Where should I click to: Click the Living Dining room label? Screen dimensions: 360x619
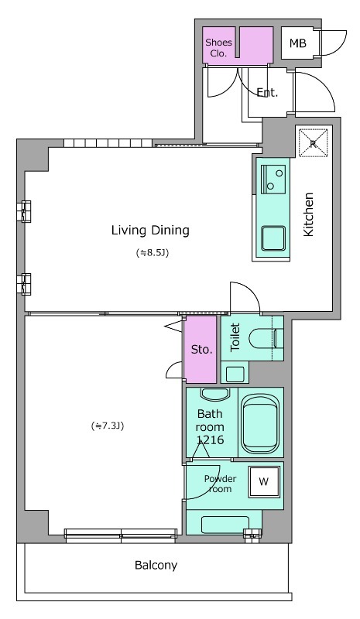coord(150,230)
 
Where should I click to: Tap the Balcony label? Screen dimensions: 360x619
coord(156,566)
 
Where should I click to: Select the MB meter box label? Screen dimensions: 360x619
coord(297,43)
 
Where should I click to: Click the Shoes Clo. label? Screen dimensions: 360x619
coord(218,48)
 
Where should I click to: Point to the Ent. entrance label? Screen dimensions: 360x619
coord(268,93)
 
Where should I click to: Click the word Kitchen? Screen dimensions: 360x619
coord(308,214)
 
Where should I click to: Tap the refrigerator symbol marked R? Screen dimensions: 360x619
coord(313,143)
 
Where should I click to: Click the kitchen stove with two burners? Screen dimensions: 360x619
coord(273,180)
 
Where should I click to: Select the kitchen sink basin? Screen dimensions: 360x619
coord(273,238)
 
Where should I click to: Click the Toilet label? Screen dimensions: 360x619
coord(235,337)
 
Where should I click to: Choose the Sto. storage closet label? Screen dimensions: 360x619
coord(201,350)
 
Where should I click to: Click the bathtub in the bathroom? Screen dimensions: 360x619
coord(260,424)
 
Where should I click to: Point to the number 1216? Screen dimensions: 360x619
coord(210,439)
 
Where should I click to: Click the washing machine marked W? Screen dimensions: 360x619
coord(263,481)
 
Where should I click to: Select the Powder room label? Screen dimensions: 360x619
coord(220,484)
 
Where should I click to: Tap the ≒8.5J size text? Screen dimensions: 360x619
coord(153,253)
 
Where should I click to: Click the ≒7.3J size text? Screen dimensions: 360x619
coord(108,426)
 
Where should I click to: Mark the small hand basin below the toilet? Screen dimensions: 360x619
coord(235,374)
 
